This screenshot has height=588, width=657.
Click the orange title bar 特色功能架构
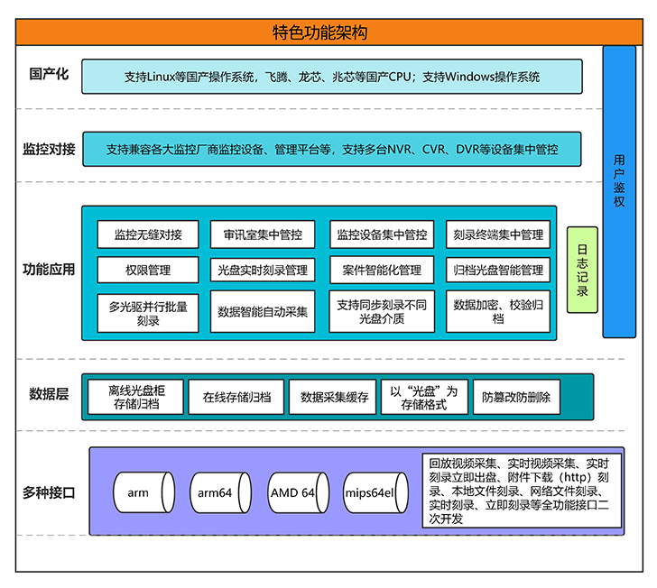coord(319,32)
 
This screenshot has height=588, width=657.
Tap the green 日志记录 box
coord(583,270)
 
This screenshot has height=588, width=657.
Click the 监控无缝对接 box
coord(148,234)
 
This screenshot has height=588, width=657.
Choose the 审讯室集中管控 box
coord(263,234)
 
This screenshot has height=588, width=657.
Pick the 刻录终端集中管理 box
coord(498,234)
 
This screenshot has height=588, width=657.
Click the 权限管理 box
coord(148,269)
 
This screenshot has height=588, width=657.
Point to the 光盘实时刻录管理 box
coord(263,269)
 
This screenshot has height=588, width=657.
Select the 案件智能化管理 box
coord(382,269)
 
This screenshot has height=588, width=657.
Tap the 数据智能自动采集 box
coord(263,312)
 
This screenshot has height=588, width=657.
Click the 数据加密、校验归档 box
coord(498,312)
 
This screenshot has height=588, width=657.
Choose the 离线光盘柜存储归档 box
coord(135,397)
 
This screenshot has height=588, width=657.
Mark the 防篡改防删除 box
coord(516,397)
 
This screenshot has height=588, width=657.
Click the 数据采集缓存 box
coord(335,397)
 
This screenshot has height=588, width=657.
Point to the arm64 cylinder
coord(216,493)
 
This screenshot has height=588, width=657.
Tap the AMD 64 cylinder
coord(293,493)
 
